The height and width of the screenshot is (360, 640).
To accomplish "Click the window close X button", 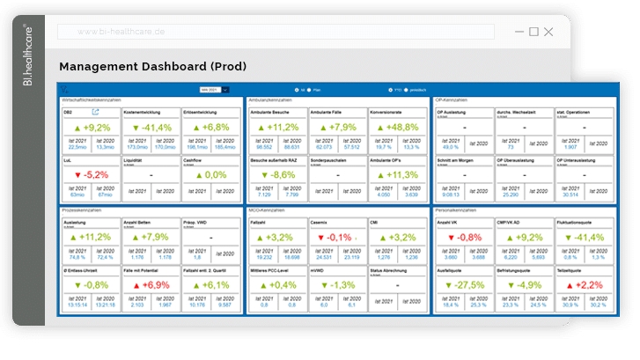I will coord(548,32).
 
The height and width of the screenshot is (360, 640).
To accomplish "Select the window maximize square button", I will coord(533,32).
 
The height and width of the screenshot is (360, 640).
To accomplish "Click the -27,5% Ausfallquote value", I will coord(464,285).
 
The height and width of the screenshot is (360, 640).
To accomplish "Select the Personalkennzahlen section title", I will coord(460,210).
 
